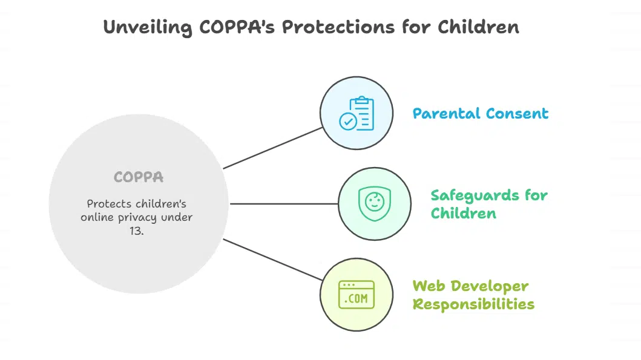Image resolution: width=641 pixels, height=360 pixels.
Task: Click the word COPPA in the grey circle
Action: [x=139, y=177]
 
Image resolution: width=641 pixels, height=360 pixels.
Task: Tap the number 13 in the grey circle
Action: [x=137, y=231]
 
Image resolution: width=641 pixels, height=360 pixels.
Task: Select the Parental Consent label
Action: [x=481, y=114]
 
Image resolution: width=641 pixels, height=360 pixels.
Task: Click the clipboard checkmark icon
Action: [x=357, y=113]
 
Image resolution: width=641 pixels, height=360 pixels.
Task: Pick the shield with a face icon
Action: [x=375, y=204]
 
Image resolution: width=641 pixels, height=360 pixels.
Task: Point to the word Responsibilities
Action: [x=473, y=304]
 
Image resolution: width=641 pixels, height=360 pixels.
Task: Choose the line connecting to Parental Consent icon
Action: [x=272, y=148]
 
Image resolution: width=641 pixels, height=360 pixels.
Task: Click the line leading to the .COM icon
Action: [x=272, y=260]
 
